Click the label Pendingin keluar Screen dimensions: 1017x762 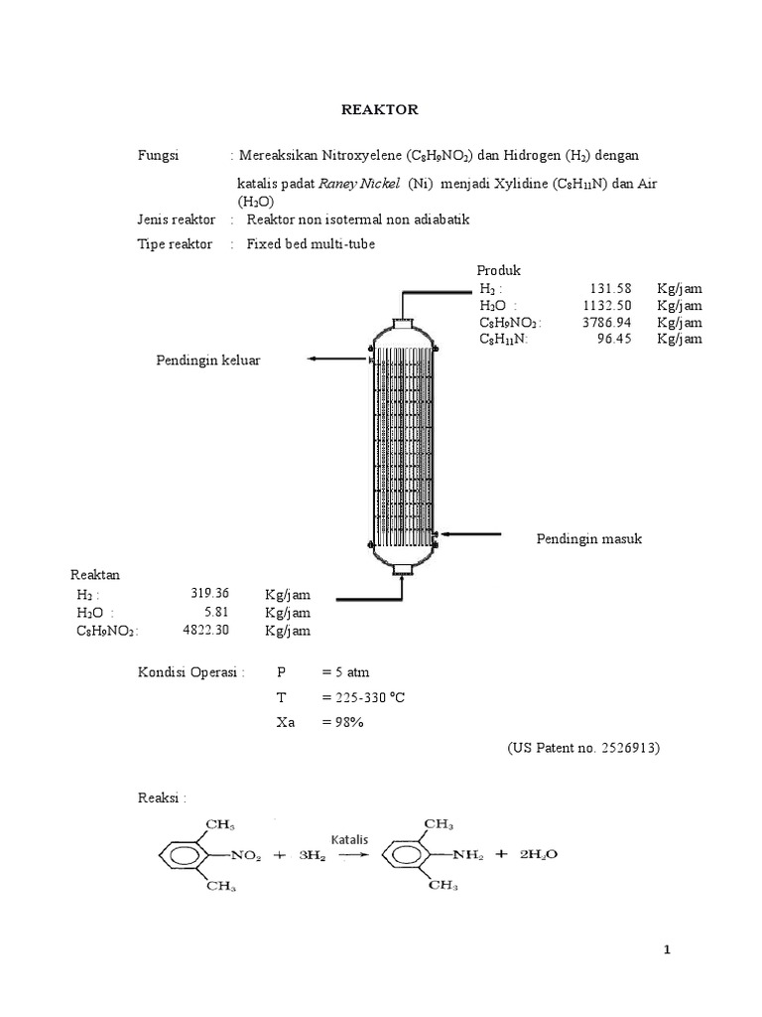coord(208,360)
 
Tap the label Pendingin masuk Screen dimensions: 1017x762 coord(589,538)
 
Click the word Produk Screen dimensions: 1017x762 coord(498,270)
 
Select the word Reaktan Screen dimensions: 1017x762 coord(95,575)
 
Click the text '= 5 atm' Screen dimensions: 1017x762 coord(345,672)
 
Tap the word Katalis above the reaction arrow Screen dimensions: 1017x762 coord(349,839)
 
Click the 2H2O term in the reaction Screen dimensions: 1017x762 coord(543,853)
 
